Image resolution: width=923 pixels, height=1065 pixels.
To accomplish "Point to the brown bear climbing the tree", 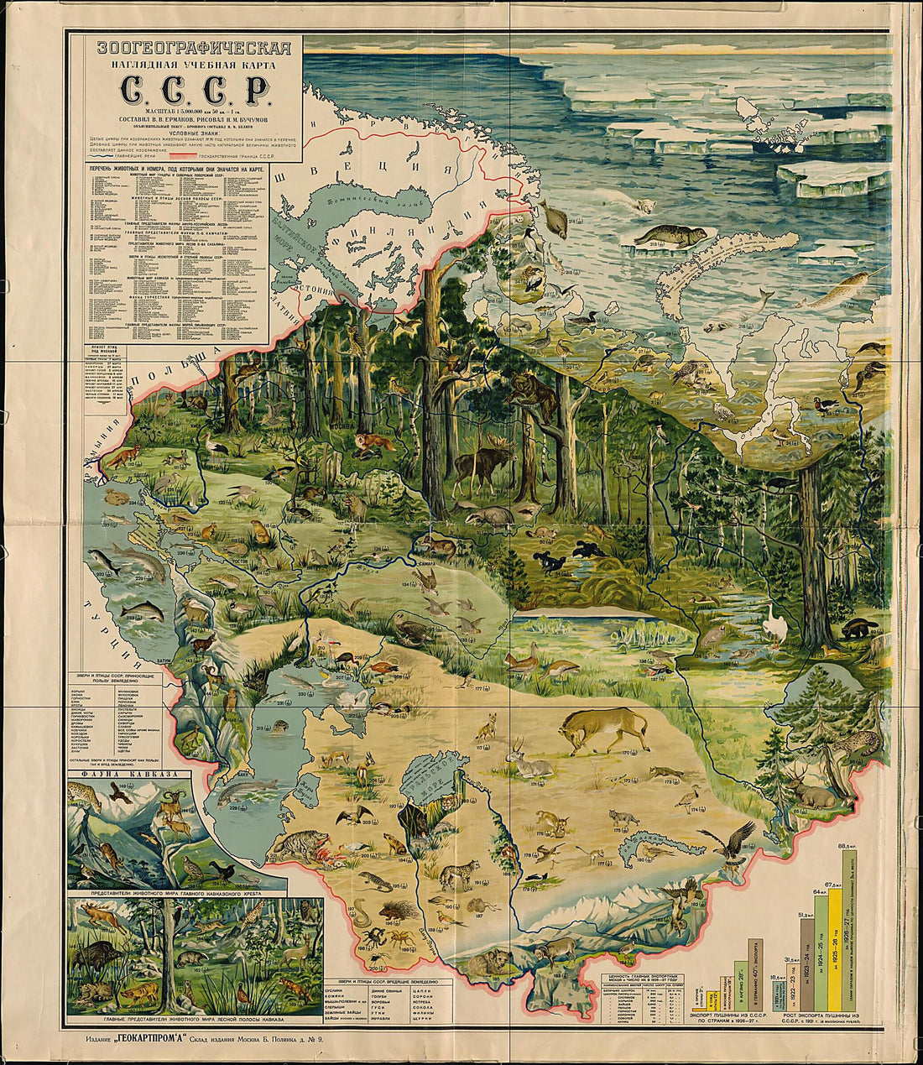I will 534,394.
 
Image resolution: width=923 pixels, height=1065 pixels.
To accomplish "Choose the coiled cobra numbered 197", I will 361,911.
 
